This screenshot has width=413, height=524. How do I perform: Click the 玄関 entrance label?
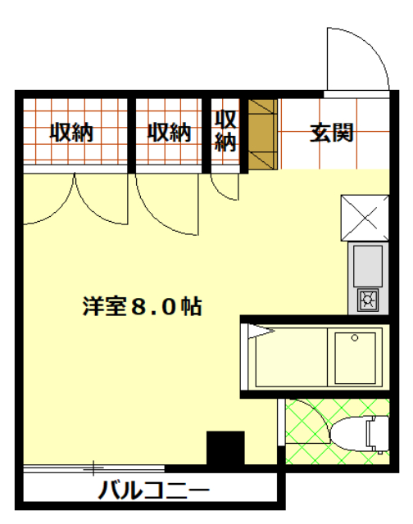[x=331, y=133]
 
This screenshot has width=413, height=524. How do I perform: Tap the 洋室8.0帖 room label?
[x=142, y=306]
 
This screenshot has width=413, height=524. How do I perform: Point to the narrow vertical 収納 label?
[x=225, y=131]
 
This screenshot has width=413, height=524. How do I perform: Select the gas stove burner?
[x=367, y=300]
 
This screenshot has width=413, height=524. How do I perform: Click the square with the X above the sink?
[x=365, y=216]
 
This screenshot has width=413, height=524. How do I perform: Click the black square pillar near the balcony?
[x=225, y=449]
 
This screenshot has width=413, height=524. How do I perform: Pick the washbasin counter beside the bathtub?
[x=354, y=357]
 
